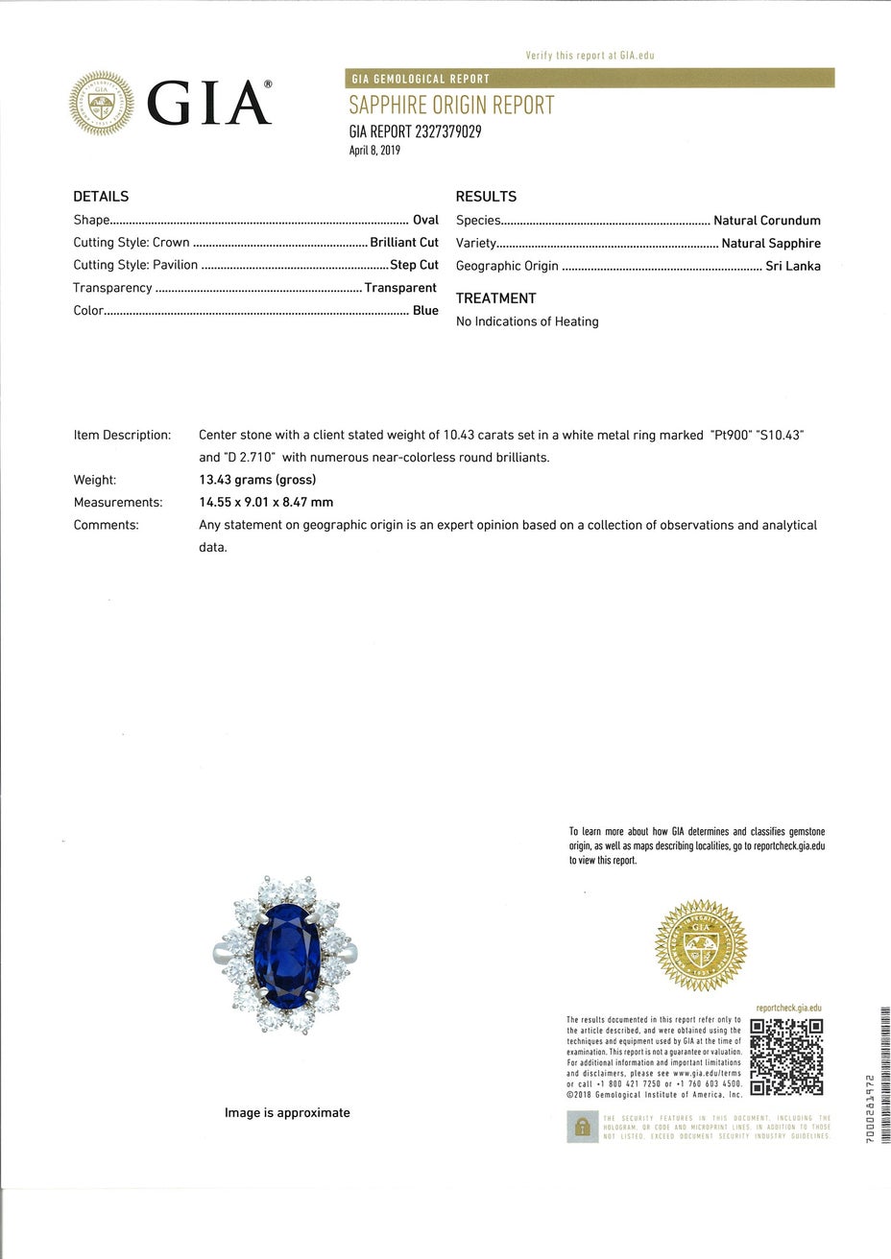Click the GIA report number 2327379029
click(x=415, y=131)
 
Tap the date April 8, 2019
click(x=374, y=151)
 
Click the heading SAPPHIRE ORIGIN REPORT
click(x=451, y=106)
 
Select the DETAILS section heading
click(x=101, y=197)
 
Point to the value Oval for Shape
click(x=425, y=220)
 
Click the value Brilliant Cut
click(x=404, y=243)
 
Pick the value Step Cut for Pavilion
click(x=415, y=265)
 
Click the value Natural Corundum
click(x=767, y=221)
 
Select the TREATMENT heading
click(x=495, y=298)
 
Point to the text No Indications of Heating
click(x=527, y=321)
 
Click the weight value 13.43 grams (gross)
click(x=257, y=480)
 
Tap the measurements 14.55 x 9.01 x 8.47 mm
click(x=266, y=502)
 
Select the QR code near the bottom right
click(x=786, y=1057)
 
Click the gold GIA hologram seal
click(x=701, y=945)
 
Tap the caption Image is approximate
click(x=287, y=1113)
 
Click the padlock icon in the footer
click(x=582, y=1128)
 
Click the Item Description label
click(x=122, y=435)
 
